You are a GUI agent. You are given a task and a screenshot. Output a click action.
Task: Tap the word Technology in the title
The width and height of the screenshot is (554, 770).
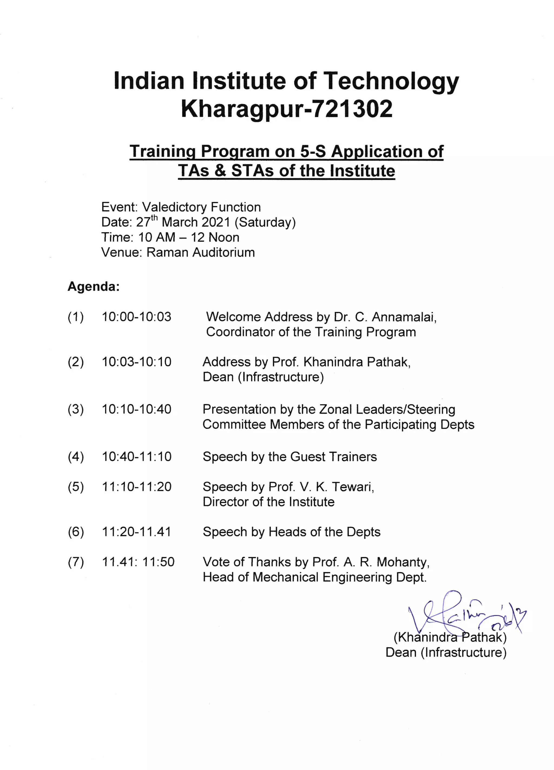click(390, 81)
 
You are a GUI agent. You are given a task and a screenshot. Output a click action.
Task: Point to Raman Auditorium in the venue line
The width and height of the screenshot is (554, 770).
click(200, 252)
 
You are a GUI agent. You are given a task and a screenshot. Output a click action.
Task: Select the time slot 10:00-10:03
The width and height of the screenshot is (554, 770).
click(137, 317)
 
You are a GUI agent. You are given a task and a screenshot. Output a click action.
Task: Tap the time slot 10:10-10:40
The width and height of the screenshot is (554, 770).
click(137, 409)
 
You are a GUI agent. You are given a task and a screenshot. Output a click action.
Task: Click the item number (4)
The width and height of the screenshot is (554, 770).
click(76, 457)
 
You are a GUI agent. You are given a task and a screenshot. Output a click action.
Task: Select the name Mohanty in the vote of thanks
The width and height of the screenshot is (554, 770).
click(403, 562)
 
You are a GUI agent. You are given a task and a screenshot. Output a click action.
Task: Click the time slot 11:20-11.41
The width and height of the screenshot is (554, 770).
click(137, 532)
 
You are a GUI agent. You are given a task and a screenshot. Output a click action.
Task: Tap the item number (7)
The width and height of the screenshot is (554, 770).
click(76, 562)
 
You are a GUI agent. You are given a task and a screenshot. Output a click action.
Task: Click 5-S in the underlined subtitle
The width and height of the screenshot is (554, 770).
click(313, 151)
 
